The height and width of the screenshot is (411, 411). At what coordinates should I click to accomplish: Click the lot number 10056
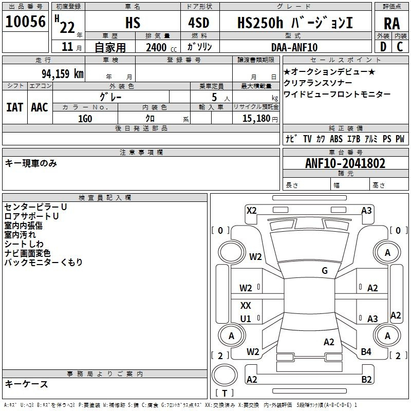(x=25, y=22)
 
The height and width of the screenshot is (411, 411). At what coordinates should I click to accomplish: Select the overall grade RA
(x=391, y=24)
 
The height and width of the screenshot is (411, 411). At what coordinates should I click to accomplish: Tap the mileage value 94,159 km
(x=62, y=74)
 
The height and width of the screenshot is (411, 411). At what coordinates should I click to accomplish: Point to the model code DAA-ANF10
(x=294, y=47)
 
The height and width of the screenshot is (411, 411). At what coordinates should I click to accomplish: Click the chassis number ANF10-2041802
(x=345, y=163)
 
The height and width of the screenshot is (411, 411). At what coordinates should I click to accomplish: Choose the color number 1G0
(x=85, y=119)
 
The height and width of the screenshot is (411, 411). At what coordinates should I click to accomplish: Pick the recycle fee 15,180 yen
(x=260, y=119)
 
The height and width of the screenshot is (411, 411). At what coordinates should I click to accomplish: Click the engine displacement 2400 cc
(x=161, y=47)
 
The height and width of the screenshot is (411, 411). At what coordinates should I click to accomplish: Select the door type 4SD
(x=199, y=23)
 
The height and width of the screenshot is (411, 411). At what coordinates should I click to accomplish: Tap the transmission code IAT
(x=15, y=107)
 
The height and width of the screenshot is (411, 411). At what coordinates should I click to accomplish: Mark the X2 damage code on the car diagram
(x=252, y=211)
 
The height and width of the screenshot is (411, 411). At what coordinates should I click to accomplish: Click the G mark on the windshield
(x=325, y=271)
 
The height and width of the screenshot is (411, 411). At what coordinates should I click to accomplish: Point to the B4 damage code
(x=366, y=351)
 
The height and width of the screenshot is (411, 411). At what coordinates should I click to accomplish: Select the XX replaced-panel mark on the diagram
(x=246, y=305)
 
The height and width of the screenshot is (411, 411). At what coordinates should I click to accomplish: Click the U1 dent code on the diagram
(x=246, y=319)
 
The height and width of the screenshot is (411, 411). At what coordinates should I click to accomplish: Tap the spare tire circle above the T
(x=225, y=375)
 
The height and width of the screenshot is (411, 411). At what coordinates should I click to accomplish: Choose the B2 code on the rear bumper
(x=366, y=379)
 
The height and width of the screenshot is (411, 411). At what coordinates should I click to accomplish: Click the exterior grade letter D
(x=383, y=47)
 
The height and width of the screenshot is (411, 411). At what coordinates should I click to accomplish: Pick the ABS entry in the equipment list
(x=336, y=139)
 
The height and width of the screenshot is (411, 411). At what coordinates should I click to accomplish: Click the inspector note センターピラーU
(x=35, y=207)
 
